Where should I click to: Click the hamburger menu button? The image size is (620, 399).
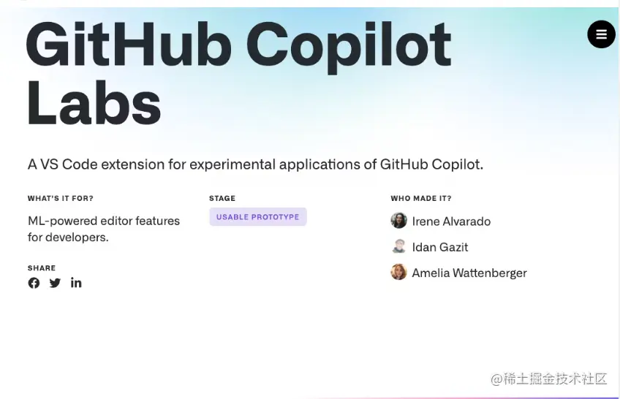pyautogui.click(x=601, y=34)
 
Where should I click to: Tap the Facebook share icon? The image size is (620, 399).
pyautogui.click(x=34, y=283)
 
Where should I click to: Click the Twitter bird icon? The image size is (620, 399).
pyautogui.click(x=55, y=283)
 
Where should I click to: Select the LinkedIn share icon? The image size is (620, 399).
pyautogui.click(x=76, y=283)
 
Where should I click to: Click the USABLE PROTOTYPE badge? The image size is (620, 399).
pyautogui.click(x=257, y=217)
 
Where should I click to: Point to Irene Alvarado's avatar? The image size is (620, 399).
pyautogui.click(x=398, y=221)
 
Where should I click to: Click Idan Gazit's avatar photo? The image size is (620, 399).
pyautogui.click(x=398, y=246)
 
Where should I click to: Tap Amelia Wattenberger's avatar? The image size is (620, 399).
pyautogui.click(x=398, y=273)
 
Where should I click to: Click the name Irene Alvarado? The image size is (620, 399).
pyautogui.click(x=451, y=221)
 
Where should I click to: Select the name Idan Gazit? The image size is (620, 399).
pyautogui.click(x=439, y=247)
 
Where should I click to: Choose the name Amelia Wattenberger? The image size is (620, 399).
pyautogui.click(x=469, y=273)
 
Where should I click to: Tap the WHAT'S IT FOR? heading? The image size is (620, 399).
pyautogui.click(x=61, y=198)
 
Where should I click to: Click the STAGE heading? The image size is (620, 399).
pyautogui.click(x=222, y=198)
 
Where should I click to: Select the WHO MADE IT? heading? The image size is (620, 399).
pyautogui.click(x=421, y=198)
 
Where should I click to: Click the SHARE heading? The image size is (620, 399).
pyautogui.click(x=42, y=268)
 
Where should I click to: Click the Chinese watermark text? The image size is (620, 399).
pyautogui.click(x=549, y=379)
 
